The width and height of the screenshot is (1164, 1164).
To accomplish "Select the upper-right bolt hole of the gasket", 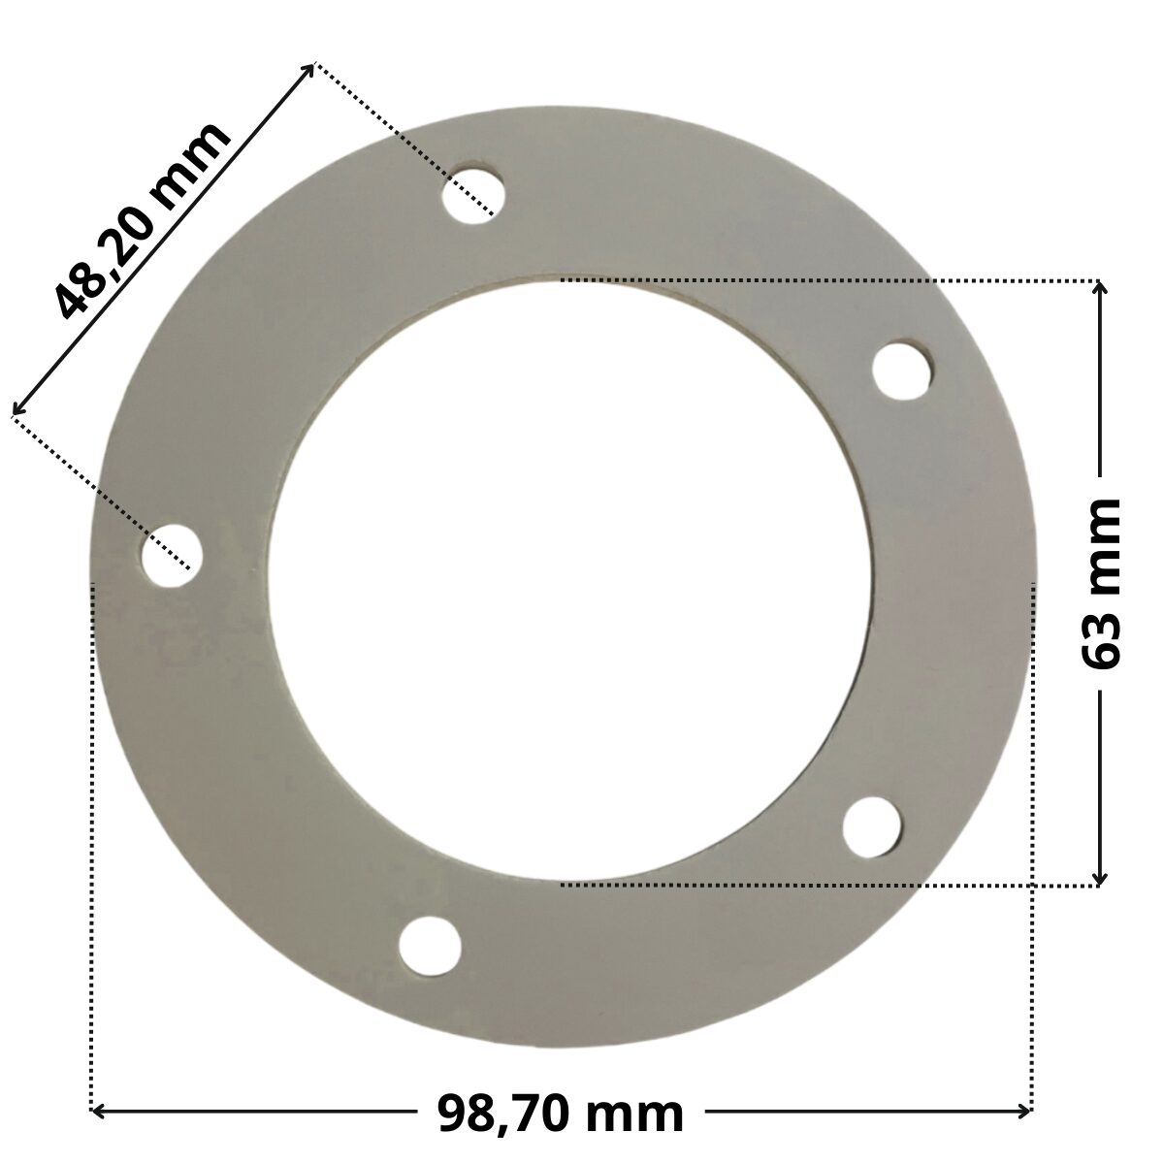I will click(903, 370).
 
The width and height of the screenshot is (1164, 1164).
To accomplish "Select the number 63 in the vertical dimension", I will click(1100, 638).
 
